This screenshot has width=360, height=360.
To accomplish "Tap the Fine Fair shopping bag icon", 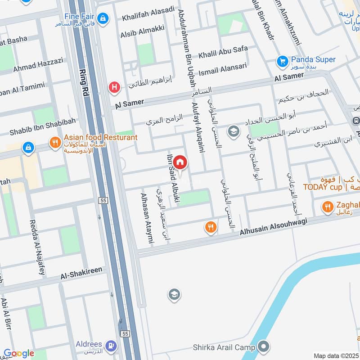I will tap(103, 18).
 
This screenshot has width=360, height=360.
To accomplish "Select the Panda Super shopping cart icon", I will tap(283, 60).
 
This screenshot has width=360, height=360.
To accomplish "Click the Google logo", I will tap(18, 353).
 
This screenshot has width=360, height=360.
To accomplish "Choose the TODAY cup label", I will tap(323, 187).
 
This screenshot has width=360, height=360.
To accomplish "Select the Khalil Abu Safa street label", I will tap(223, 52).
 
